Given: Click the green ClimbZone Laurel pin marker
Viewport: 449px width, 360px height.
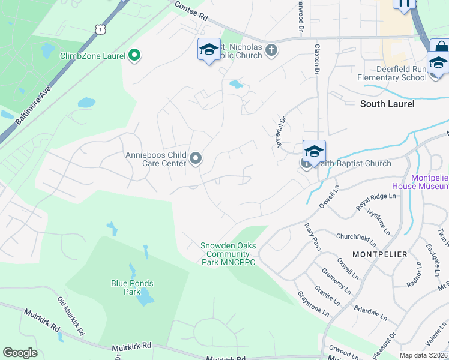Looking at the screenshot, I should (x=134, y=56).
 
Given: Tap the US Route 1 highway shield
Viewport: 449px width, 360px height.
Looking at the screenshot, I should (x=99, y=28).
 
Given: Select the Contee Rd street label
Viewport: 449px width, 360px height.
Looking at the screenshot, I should (x=191, y=11).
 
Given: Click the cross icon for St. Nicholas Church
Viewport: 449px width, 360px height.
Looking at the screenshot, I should (x=271, y=49).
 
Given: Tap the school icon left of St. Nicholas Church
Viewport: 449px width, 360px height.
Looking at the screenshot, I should (x=209, y=50).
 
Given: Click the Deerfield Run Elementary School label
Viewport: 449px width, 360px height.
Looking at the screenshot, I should (x=391, y=73).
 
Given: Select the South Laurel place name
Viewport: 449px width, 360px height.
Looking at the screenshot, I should (x=387, y=104).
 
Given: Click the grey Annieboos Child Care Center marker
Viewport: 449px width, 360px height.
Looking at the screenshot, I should (x=195, y=158).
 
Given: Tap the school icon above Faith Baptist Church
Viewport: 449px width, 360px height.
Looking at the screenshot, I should (x=314, y=152).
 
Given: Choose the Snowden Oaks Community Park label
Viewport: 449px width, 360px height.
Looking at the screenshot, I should (x=228, y=254).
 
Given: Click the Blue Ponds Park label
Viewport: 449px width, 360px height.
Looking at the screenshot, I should (x=132, y=287).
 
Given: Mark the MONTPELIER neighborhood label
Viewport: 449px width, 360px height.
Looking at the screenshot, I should (x=379, y=254).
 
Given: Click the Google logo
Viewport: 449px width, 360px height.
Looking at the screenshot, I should (x=20, y=352).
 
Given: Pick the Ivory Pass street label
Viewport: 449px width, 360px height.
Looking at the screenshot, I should (x=313, y=235).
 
